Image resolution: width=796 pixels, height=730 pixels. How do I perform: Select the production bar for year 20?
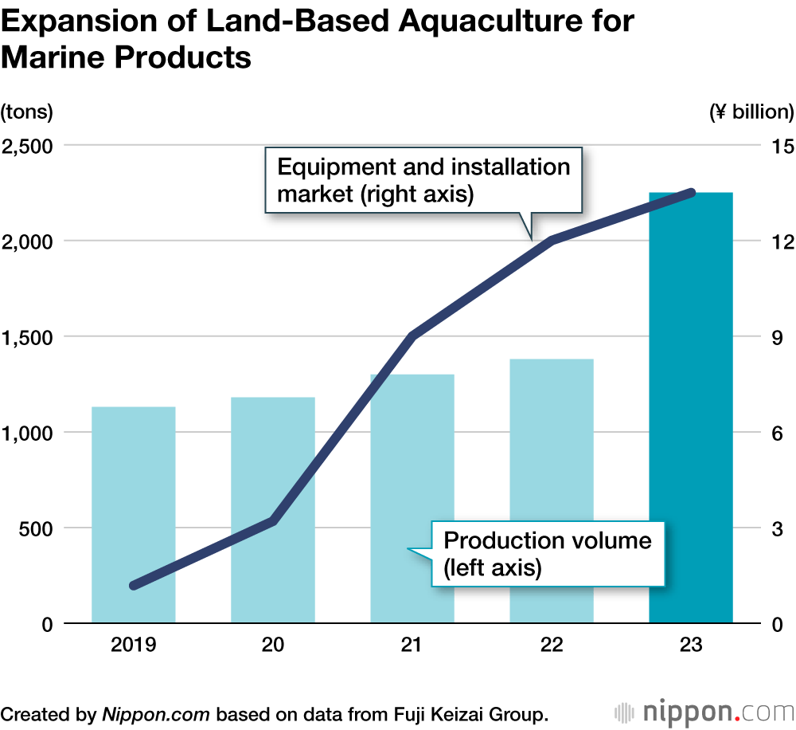point(273,510)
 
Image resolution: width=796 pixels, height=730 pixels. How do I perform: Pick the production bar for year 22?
point(552,491)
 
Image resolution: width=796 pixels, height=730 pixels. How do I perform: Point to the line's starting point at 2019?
point(134,585)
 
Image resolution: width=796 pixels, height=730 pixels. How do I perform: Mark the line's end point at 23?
point(691,193)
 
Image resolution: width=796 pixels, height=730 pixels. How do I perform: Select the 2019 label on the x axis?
point(134,646)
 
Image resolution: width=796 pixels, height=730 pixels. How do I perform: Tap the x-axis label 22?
point(552,646)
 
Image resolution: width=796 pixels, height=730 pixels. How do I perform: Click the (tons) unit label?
point(27,112)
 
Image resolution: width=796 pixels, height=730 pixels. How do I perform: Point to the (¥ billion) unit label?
point(751,112)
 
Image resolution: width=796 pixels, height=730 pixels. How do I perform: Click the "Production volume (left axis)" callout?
point(548,554)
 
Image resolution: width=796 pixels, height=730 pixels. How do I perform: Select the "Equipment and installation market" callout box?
point(423,180)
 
